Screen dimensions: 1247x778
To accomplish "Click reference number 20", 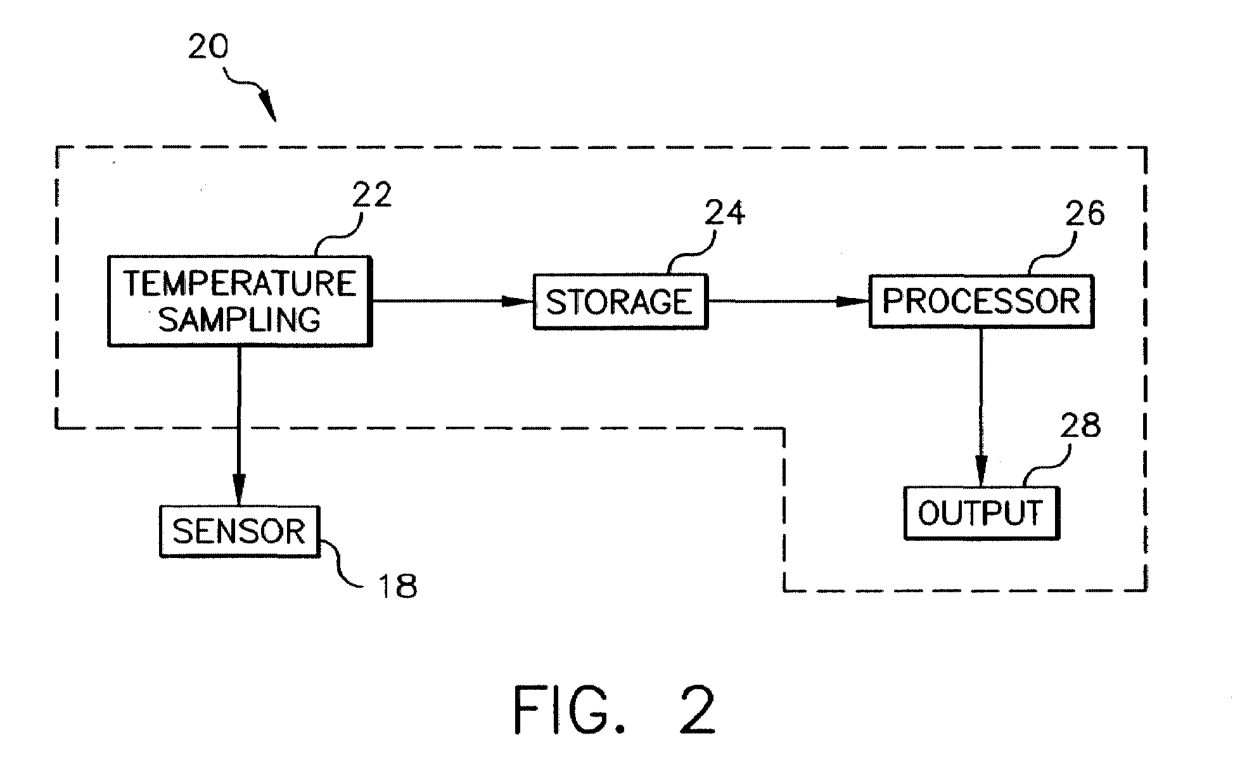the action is (x=208, y=46).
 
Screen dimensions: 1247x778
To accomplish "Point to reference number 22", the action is (x=372, y=194).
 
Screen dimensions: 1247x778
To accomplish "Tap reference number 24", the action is (x=724, y=212).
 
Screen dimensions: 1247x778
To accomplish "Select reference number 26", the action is (x=1084, y=213).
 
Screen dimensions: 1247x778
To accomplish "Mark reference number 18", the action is (x=397, y=586).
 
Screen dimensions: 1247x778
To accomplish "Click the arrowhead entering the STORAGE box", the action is (x=518, y=301).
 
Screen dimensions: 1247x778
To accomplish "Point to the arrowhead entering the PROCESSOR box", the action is (x=854, y=301).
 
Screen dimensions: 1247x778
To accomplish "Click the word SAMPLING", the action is (x=240, y=320).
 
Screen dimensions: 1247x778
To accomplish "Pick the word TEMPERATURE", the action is (x=240, y=283).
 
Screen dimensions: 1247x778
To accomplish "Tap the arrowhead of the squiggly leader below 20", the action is (x=267, y=106).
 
